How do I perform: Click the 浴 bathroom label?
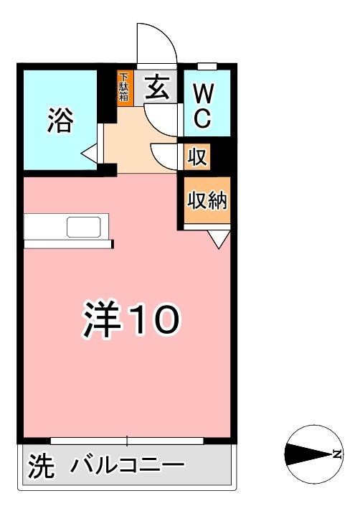click(x=60, y=120)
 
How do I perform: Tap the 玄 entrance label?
click(x=157, y=88)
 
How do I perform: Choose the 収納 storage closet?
click(x=207, y=201)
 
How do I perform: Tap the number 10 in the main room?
click(x=153, y=321)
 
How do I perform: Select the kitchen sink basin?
click(x=87, y=227)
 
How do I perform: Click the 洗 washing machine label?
click(x=41, y=469)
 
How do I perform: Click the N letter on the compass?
click(x=336, y=454)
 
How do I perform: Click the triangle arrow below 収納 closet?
click(x=218, y=240)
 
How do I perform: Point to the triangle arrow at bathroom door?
click(x=90, y=153)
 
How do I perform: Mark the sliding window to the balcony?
click(x=127, y=440)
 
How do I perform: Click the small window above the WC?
click(x=207, y=66)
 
